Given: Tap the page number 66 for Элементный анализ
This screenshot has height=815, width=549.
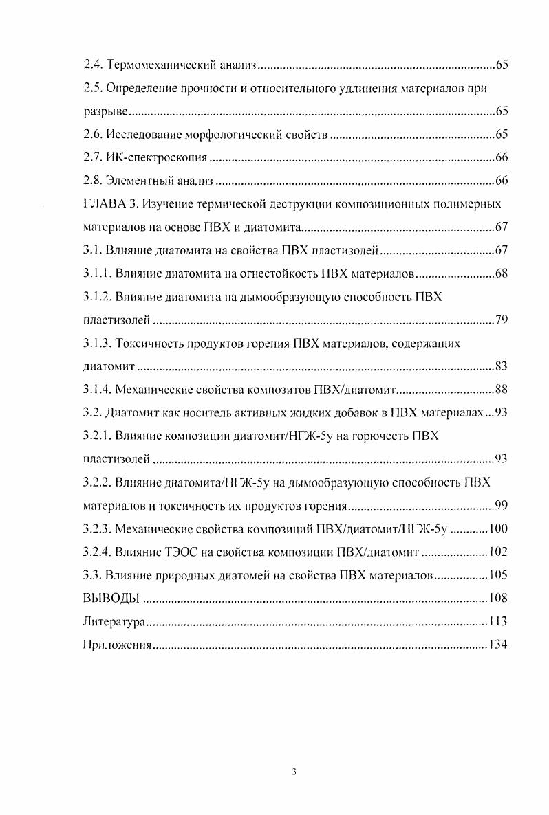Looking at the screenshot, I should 501,182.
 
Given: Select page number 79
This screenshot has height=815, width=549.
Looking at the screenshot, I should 501,321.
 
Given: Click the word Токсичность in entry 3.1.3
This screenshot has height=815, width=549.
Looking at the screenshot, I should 150,344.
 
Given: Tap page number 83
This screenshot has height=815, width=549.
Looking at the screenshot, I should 501,367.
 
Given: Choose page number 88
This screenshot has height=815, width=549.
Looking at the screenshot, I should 501,390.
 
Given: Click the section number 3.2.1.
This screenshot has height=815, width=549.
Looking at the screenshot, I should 98,436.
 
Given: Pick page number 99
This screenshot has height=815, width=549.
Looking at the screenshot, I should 501,506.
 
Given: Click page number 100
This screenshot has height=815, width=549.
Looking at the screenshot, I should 498,529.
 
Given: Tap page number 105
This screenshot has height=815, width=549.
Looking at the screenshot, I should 498,575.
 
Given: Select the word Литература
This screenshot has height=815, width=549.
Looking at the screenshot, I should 114,622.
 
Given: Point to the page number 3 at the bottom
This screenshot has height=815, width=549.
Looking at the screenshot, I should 294,772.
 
